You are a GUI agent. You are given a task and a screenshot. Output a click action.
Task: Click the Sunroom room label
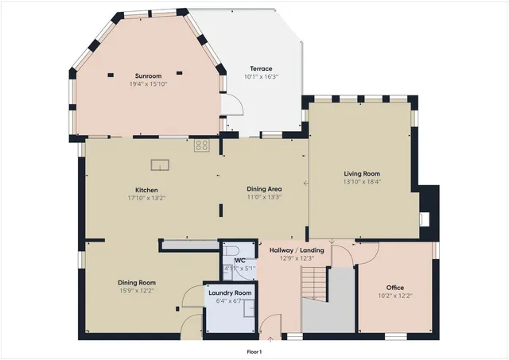coord(150,75)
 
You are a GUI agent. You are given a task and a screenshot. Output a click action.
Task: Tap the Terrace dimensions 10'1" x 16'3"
coord(261,77)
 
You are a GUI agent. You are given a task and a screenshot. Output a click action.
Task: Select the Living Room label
coord(362,173)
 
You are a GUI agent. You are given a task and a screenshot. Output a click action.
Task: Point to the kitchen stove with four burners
coord(202,145)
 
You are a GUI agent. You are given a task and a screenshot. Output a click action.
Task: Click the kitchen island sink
coord(161,165)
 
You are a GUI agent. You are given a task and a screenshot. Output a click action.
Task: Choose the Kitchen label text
coord(146,190)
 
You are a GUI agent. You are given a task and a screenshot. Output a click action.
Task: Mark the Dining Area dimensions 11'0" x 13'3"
coord(264,197)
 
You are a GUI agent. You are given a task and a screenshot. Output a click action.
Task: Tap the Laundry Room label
coord(230,292)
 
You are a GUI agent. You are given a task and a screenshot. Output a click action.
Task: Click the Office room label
coord(395,288)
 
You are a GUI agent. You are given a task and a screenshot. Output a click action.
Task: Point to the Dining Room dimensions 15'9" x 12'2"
coord(137,290)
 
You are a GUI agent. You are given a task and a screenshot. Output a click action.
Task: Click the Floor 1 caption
coord(254,351)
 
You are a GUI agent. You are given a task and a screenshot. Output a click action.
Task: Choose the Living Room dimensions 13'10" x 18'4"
coord(362,181)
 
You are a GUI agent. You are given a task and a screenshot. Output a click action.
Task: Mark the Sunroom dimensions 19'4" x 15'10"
coord(150,83)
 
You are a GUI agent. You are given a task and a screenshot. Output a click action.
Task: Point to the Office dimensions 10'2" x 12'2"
coord(395,296)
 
